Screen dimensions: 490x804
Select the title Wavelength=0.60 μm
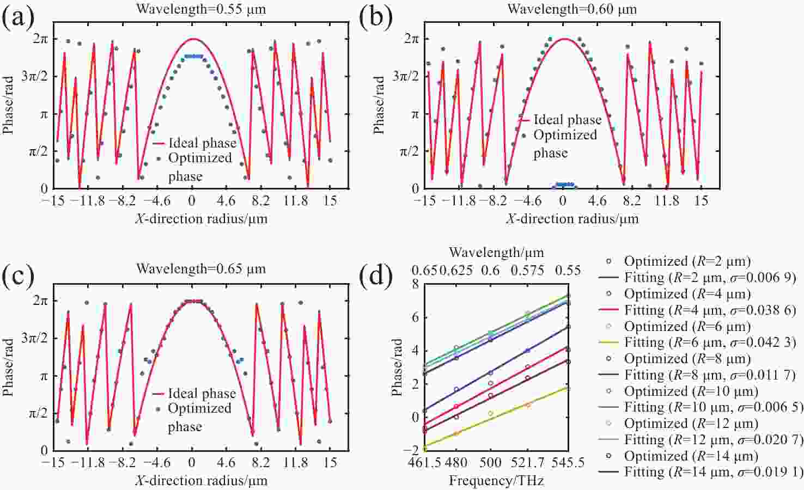click(572, 9)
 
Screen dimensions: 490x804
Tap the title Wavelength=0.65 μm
click(201, 269)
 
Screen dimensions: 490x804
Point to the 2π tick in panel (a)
click(40, 39)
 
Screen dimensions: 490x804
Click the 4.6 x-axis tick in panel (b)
click(597, 201)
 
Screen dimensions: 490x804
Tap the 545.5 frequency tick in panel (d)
click(568, 463)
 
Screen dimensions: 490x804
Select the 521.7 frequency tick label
click(528, 463)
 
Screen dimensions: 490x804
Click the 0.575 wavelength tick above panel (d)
click(527, 271)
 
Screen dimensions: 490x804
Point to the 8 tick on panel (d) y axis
click(416, 284)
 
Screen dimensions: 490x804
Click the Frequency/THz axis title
click(496, 480)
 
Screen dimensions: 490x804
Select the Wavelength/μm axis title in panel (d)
click(496, 253)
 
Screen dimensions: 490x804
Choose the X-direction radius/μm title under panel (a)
click(201, 219)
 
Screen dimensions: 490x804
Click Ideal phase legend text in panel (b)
click(567, 120)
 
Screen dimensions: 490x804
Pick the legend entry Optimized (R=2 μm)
click(687, 261)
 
